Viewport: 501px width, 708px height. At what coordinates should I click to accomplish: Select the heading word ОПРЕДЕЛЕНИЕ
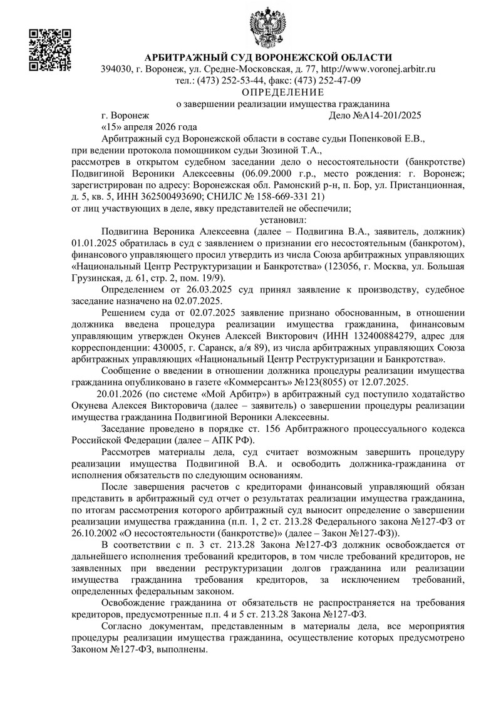(x=268, y=92)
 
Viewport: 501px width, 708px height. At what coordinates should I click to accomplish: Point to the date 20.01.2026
(x=117, y=394)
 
